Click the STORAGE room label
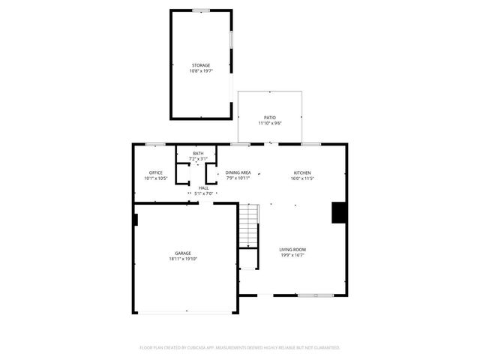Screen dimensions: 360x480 [200, 65]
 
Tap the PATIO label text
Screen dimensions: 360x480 [269, 117]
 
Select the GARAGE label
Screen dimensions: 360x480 [183, 253]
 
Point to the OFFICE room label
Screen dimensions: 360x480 [156, 173]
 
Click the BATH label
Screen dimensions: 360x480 [197, 154]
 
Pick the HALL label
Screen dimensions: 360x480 [203, 187]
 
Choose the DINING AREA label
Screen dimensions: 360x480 [238, 172]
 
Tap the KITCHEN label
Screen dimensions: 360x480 [301, 172]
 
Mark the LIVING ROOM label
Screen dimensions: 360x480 [292, 250]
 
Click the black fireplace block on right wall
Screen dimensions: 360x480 [340, 212]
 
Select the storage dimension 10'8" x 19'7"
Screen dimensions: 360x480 [200, 71]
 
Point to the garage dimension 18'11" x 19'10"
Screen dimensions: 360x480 [183, 259]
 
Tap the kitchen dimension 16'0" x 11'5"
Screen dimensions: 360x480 [301, 178]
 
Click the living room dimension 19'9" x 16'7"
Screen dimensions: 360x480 [292, 256]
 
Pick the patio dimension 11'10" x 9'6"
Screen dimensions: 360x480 [269, 123]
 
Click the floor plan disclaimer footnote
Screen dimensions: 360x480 [240, 347]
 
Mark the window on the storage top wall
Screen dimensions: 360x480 [200, 10]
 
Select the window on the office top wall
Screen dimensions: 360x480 [156, 144]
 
